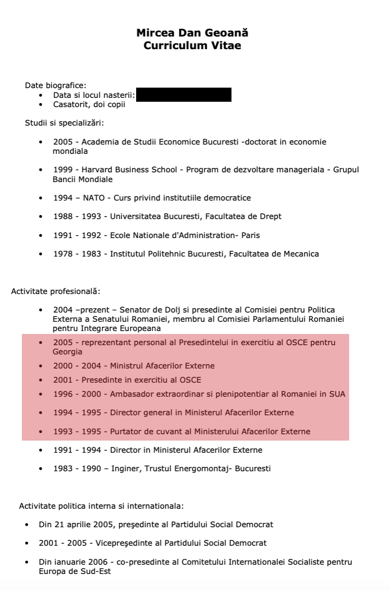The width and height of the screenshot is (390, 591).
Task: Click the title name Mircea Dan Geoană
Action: [192, 33]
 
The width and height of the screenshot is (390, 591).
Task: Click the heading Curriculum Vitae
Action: [192, 46]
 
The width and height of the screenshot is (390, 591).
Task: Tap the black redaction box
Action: [183, 94]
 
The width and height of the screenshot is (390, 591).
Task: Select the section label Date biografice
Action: [55, 86]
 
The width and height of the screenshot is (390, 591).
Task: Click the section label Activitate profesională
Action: [55, 292]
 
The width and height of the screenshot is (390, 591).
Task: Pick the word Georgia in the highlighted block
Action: [68, 352]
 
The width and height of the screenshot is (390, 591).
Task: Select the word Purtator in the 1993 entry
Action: [126, 432]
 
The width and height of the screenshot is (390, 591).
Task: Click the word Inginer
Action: [125, 469]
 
